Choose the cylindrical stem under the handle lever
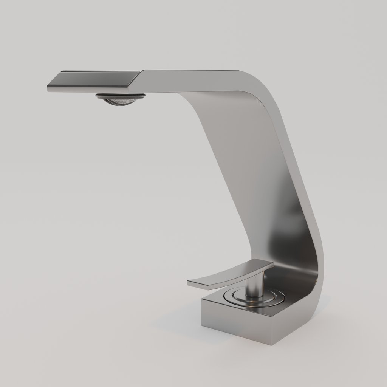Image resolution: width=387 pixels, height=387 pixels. pyautogui.click(x=254, y=286)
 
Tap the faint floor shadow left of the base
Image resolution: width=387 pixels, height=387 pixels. pyautogui.click(x=178, y=325)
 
